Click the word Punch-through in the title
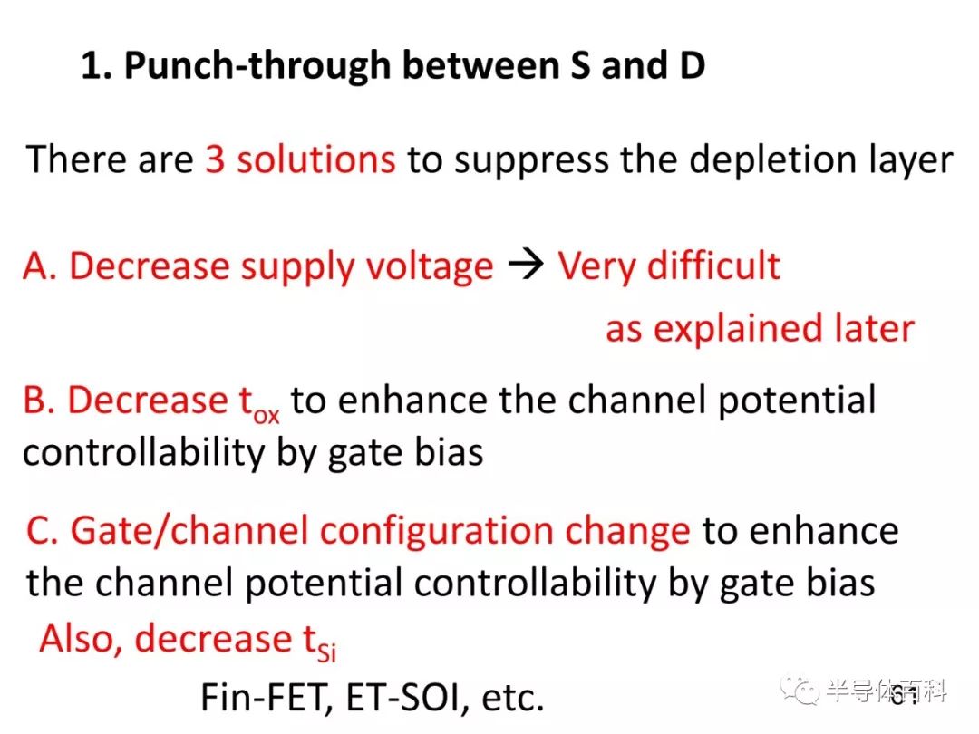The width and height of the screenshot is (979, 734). (257, 66)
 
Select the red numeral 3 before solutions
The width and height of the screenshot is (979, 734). (215, 159)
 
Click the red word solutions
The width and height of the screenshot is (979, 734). (316, 159)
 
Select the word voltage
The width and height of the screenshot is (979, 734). (430, 268)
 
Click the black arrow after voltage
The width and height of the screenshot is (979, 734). (526, 266)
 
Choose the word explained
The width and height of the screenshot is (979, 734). (738, 330)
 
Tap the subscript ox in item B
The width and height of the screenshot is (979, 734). (266, 415)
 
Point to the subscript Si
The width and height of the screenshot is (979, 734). (326, 652)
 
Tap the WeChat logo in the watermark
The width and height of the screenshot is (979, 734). (799, 690)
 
